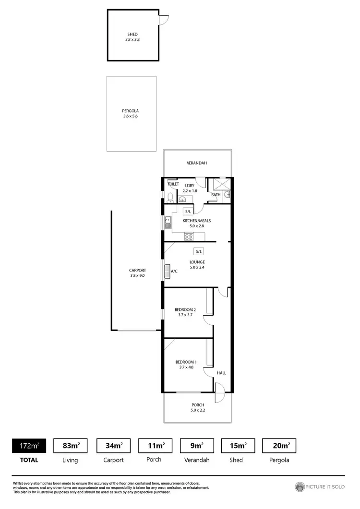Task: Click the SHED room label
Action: (x=132, y=34)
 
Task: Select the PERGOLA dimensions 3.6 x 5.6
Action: (x=130, y=116)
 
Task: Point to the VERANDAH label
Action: (x=197, y=163)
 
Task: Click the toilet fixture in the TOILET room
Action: (x=170, y=197)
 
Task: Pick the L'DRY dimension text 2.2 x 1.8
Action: (x=190, y=190)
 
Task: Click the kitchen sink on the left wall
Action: (x=167, y=223)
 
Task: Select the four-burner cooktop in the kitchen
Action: (x=189, y=236)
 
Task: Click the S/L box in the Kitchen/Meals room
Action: (x=188, y=211)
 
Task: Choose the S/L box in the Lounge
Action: (x=199, y=251)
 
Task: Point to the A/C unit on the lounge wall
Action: (x=168, y=271)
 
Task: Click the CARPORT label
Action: (x=137, y=270)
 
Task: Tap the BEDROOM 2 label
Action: (x=185, y=309)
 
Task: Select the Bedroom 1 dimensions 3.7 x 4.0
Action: (x=185, y=367)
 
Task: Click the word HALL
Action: (x=221, y=373)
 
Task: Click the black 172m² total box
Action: (x=29, y=446)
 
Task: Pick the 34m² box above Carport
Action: (x=114, y=446)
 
